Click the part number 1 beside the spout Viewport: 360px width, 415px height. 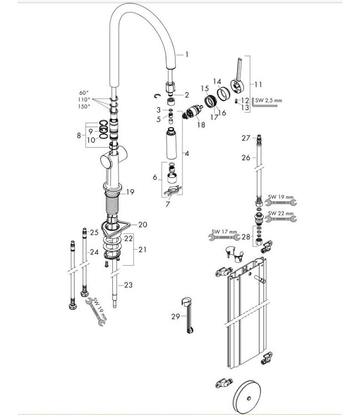pos(187,54)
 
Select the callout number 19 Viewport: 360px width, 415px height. pos(130,192)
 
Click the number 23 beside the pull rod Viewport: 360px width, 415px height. pos(128,286)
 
